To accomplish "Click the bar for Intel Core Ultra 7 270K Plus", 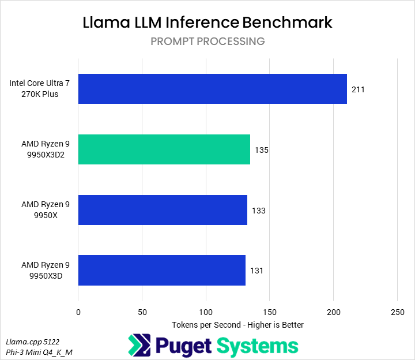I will point(212,89).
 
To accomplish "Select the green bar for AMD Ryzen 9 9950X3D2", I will point(164,149).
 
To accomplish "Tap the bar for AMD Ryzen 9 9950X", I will point(163,210).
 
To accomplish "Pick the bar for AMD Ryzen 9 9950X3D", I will point(161,270).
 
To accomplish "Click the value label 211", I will point(358,89).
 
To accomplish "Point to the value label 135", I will point(262,150).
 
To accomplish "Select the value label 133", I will point(259,211).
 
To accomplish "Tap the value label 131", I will point(256,271).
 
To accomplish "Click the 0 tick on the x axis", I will point(78,312).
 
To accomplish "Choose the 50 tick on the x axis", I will point(142,312).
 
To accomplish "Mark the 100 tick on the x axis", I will point(206,312).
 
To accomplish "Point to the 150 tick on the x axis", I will point(270,312).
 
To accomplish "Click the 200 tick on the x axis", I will point(333,312).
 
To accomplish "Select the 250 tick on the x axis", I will point(397,312).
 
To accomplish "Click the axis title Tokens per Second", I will point(237,325).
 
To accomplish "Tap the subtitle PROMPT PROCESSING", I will point(207,42).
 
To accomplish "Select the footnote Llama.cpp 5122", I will point(34,341).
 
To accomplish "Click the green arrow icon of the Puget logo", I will point(139,345).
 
